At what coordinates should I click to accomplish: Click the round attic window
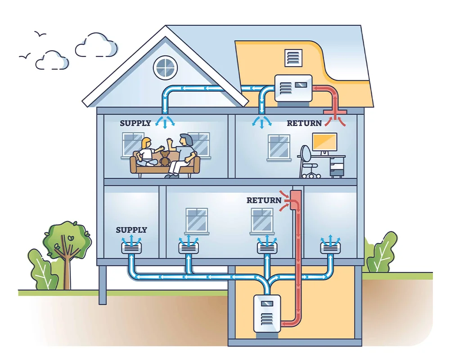(165, 67)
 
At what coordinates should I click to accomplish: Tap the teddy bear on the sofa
(165, 158)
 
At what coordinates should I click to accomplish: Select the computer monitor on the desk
(324, 142)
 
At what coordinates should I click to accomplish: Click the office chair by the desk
(309, 160)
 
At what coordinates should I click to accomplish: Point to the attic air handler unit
(293, 88)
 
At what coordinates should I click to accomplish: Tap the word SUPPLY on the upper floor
(135, 123)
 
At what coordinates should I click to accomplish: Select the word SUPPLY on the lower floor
(131, 230)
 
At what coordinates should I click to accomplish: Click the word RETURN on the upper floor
(304, 123)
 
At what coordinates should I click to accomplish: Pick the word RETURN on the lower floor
(264, 200)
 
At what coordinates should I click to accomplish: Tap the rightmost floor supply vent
(330, 247)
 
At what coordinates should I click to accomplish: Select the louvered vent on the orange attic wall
(293, 57)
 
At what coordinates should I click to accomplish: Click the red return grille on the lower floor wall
(296, 200)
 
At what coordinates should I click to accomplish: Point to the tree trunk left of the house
(67, 270)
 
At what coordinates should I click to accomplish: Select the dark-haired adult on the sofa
(183, 153)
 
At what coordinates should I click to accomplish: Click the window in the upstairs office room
(279, 147)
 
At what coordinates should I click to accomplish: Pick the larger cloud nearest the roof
(95, 45)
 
